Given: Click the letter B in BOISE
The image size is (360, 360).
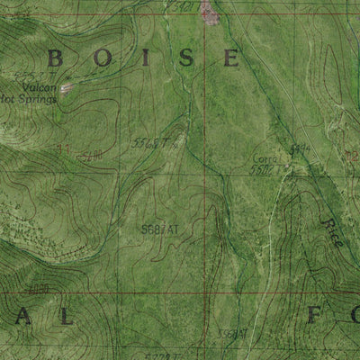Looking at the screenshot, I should click(x=55, y=59).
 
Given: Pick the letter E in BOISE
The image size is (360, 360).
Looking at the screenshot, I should click(x=231, y=59).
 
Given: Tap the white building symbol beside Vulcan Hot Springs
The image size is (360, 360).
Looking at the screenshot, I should click(x=66, y=88).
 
